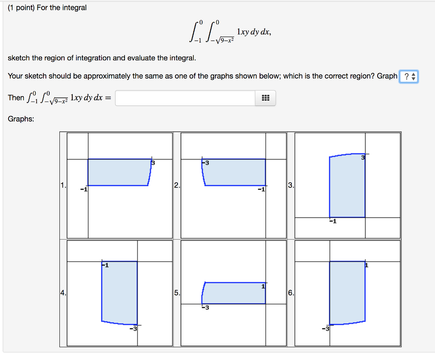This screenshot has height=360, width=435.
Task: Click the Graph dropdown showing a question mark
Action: pyautogui.click(x=409, y=77)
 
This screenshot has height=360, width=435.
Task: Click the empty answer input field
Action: pyautogui.click(x=185, y=98)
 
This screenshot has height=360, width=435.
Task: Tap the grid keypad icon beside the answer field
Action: pyautogui.click(x=266, y=98)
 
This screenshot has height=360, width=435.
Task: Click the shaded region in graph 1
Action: pyautogui.click(x=118, y=172)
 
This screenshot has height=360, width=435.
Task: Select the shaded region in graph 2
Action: pyautogui.click(x=235, y=172)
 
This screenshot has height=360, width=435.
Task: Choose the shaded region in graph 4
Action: pyautogui.click(x=119, y=292)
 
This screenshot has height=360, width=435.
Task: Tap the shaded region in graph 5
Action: pyautogui.click(x=234, y=293)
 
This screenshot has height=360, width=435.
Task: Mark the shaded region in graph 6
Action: pyautogui.click(x=347, y=292)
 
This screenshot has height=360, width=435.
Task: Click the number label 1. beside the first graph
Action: pyautogui.click(x=63, y=185)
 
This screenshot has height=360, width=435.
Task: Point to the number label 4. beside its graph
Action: pyautogui.click(x=63, y=293)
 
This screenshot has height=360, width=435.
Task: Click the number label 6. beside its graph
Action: pyautogui.click(x=291, y=293)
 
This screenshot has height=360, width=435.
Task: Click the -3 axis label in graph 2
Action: pyautogui.click(x=205, y=163)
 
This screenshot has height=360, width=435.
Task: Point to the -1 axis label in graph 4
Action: pyautogui.click(x=105, y=266)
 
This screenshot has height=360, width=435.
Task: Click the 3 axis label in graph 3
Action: pyautogui.click(x=363, y=158)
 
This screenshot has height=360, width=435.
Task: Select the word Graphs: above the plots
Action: pyautogui.click(x=21, y=119)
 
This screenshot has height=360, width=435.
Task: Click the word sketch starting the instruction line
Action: pyautogui.click(x=19, y=58)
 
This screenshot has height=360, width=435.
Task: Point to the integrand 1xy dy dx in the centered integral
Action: pyautogui.click(x=254, y=32)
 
